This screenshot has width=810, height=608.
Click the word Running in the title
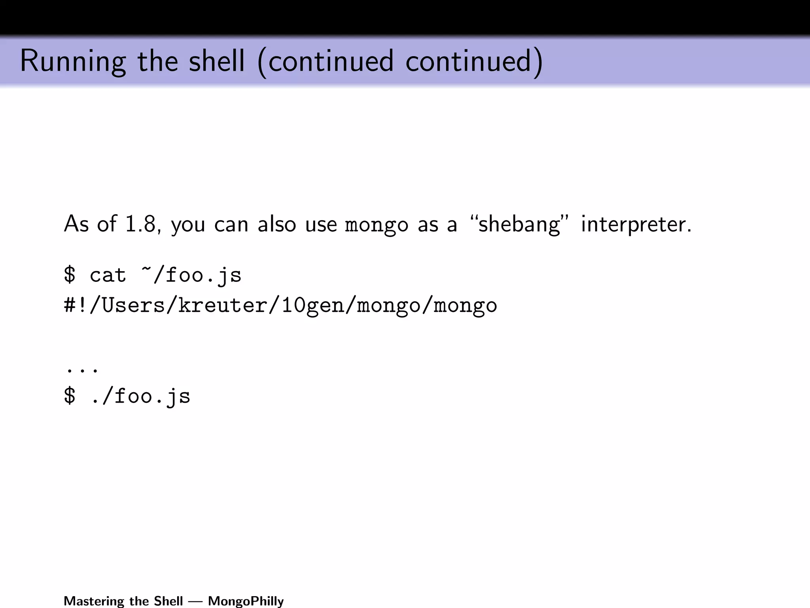pyautogui.click(x=73, y=61)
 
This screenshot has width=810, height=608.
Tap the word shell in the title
pyautogui.click(x=217, y=61)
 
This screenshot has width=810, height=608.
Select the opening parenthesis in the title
pyautogui.click(x=261, y=63)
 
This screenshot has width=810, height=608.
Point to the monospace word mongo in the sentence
pyautogui.click(x=377, y=225)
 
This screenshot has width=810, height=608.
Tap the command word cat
pyautogui.click(x=108, y=275)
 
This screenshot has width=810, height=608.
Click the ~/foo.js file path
pyautogui.click(x=191, y=275)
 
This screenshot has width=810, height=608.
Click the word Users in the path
pyautogui.click(x=133, y=305)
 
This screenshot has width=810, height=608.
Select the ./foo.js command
pyautogui.click(x=140, y=396)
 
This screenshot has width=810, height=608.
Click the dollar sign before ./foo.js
pyautogui.click(x=70, y=396)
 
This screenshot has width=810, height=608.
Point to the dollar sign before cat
pyautogui.click(x=70, y=275)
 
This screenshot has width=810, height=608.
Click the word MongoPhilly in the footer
pyautogui.click(x=246, y=601)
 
